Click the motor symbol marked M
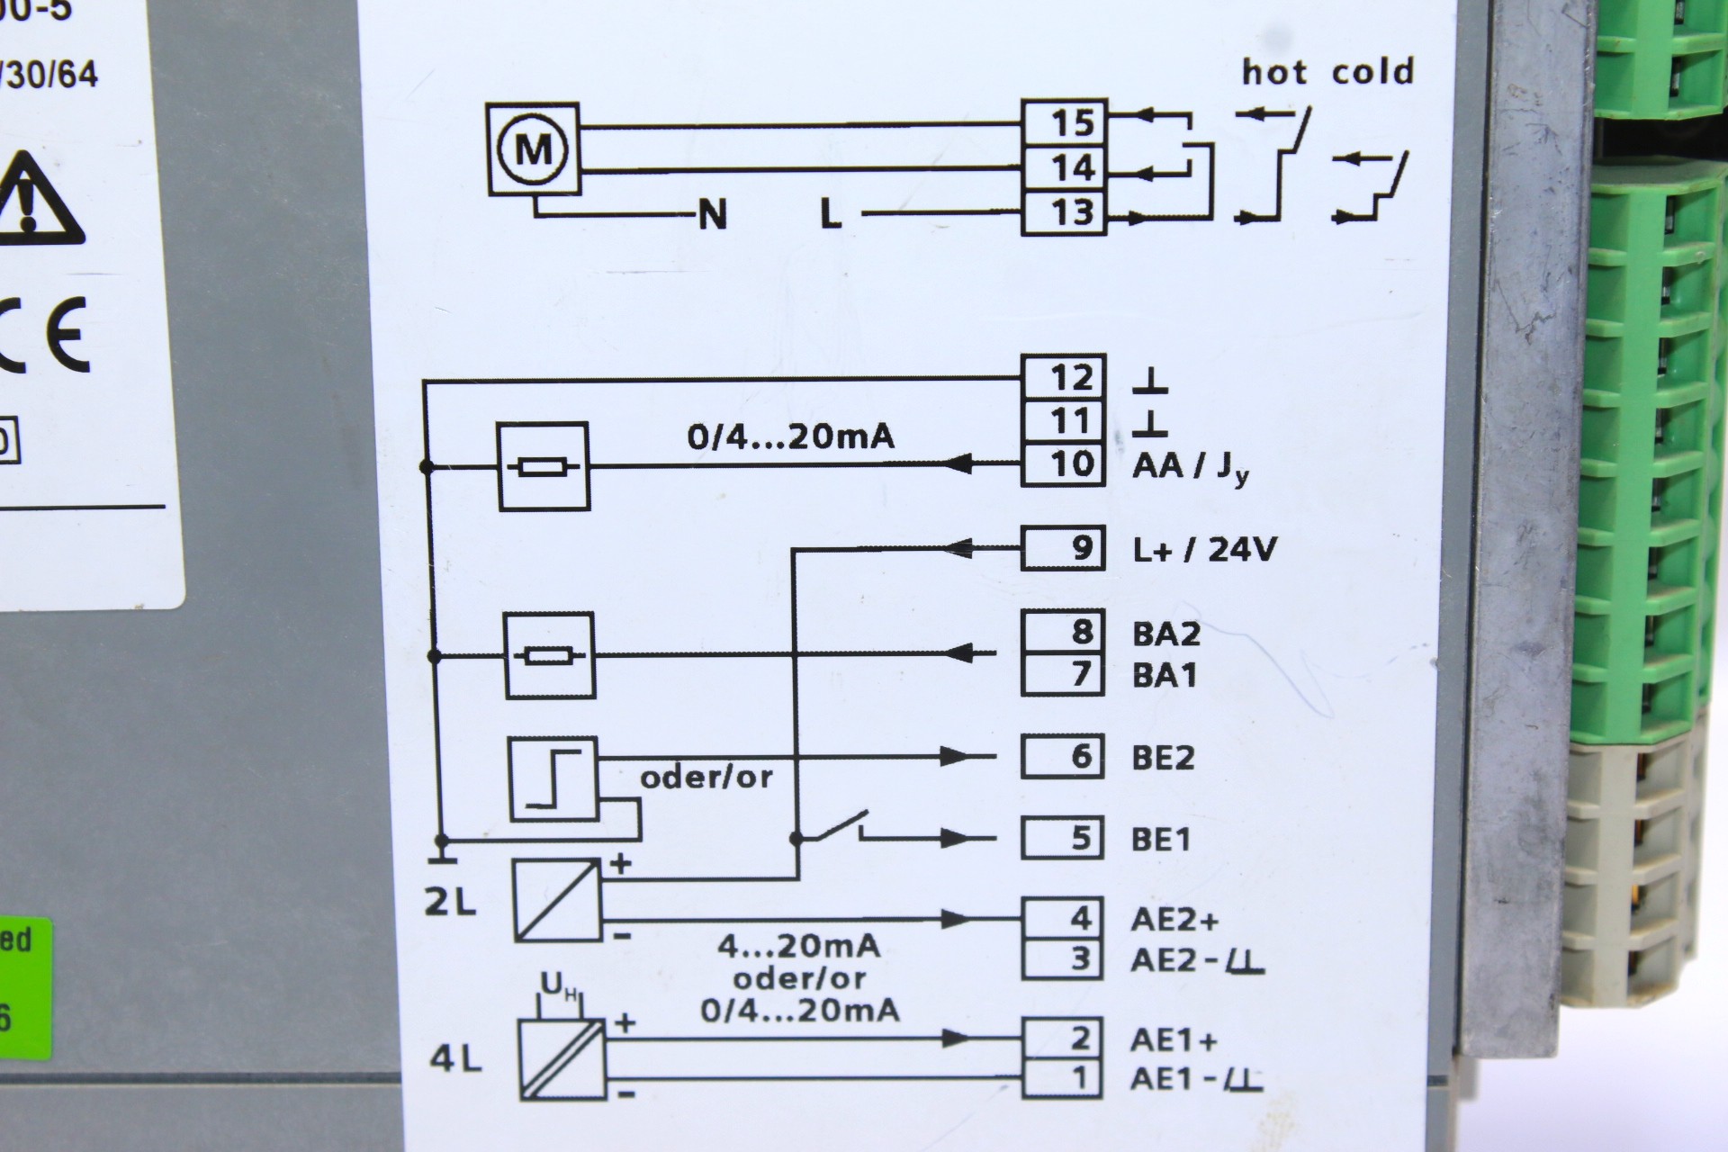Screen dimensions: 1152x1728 coord(533,148)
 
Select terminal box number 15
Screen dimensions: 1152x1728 coord(1063,122)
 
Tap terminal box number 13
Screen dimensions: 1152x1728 coord(1063,213)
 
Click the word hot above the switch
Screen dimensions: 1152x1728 coord(1273,71)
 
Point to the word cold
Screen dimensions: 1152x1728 coord(1372,71)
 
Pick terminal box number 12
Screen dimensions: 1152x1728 coord(1063,377)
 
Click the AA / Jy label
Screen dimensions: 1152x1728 coord(1190,467)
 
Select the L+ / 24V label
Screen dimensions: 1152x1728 coord(1204,549)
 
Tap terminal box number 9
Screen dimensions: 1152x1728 coord(1063,548)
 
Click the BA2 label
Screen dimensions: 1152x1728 coord(1165,634)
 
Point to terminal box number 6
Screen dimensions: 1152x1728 coord(1063,756)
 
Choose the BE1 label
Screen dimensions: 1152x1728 coord(1160,840)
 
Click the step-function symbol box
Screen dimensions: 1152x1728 coord(553,779)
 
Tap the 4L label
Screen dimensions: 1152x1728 coord(455,1059)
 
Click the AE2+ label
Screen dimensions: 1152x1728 coord(1174,920)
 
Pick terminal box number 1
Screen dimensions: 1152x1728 coord(1063,1078)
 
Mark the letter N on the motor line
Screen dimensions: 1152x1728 coord(712,215)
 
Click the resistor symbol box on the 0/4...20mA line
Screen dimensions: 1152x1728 coord(544,466)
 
